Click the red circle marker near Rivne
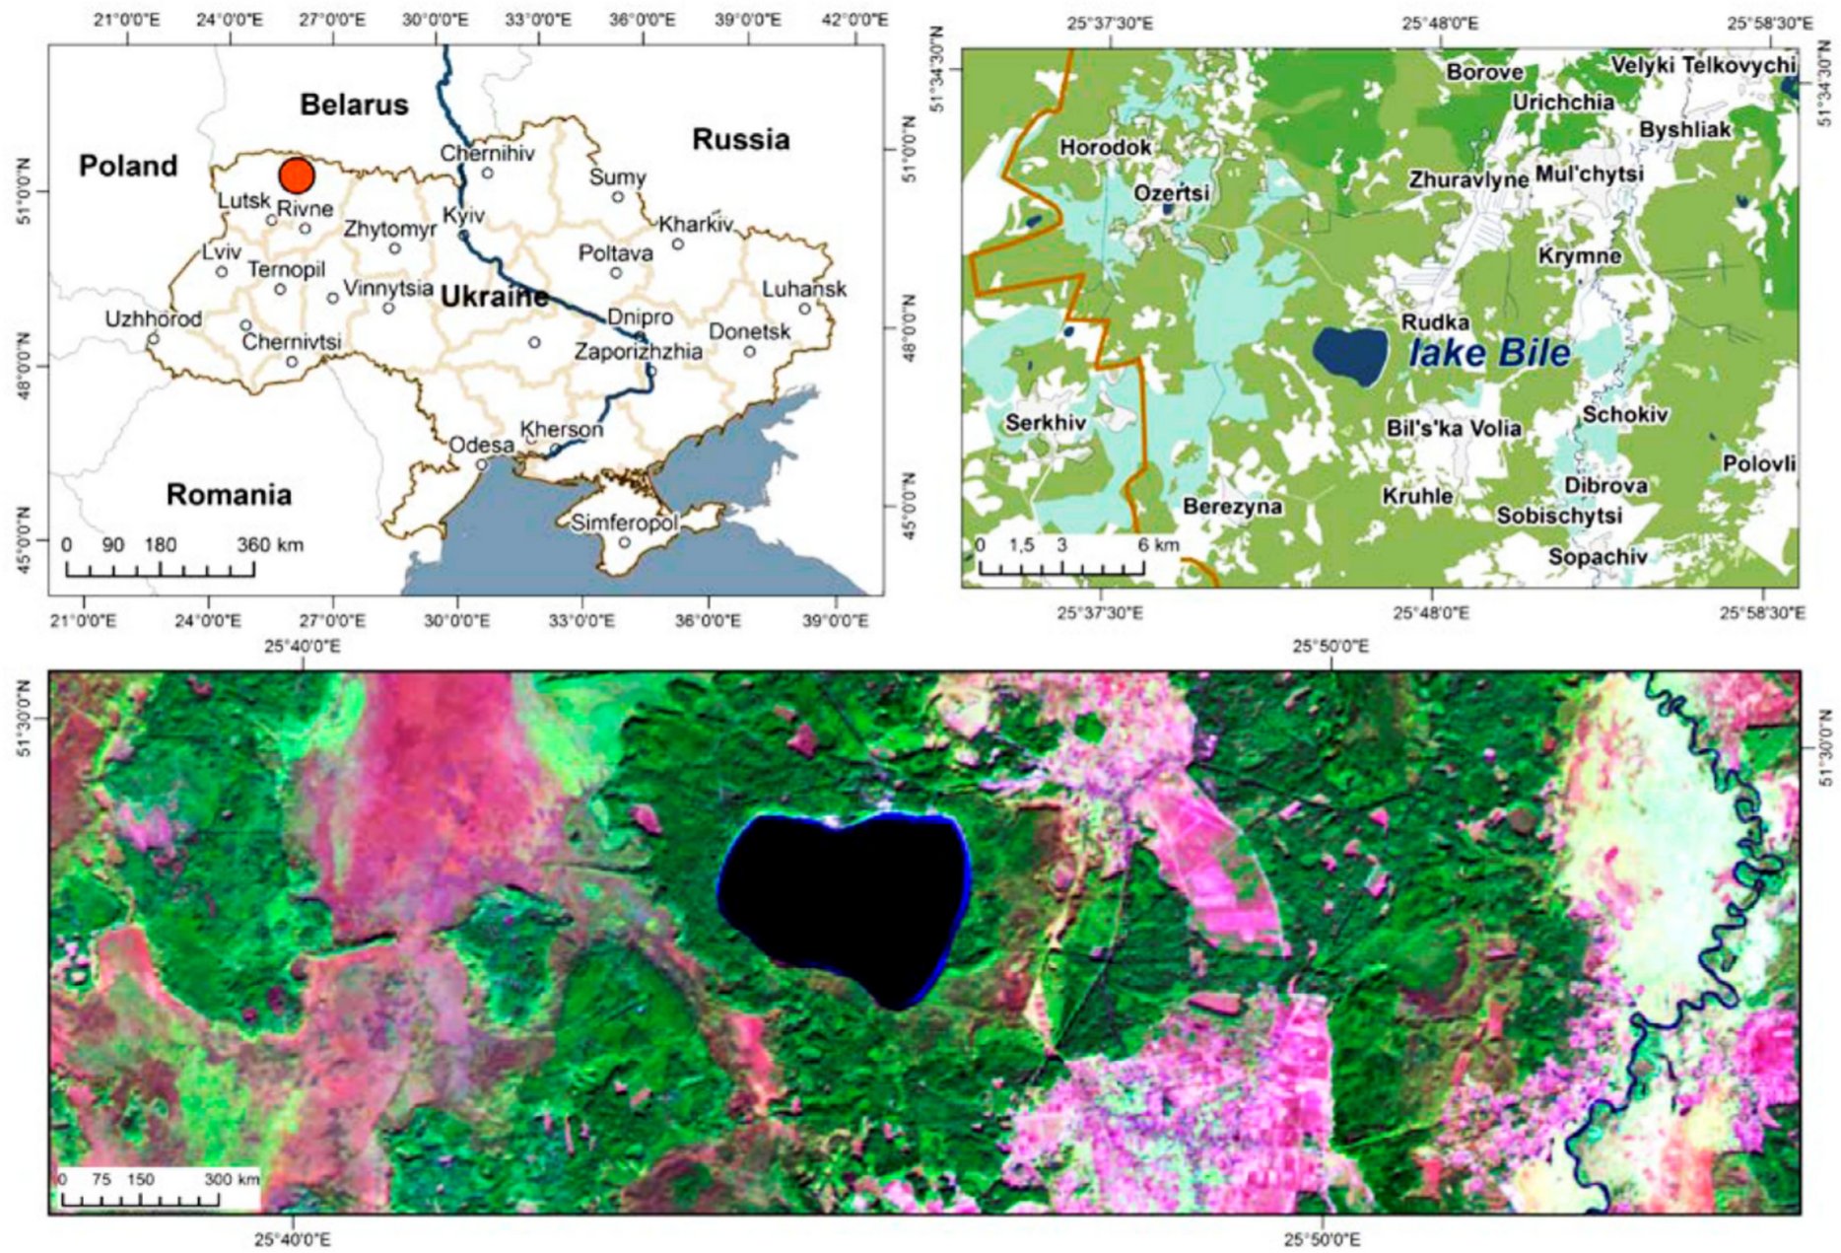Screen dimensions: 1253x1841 tap(296, 174)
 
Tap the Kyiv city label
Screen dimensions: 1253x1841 tap(463, 215)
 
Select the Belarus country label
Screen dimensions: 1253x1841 tap(354, 104)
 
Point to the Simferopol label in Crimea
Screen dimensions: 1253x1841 tap(624, 522)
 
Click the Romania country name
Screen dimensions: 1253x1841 tap(229, 494)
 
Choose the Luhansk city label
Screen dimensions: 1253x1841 tap(804, 289)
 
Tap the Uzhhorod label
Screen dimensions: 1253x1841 tap(154, 318)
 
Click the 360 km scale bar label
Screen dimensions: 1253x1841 tap(269, 545)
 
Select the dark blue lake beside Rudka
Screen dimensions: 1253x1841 tap(1349, 354)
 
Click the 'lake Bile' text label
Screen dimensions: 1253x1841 tap(1489, 353)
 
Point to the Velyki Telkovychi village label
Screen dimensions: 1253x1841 tap(1703, 65)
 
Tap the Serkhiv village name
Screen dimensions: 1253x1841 tap(1046, 423)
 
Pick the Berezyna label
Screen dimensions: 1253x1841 tap(1232, 507)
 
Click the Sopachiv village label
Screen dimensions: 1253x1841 tap(1597, 557)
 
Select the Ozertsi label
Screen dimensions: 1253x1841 tap(1171, 192)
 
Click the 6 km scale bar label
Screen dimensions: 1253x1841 tap(1158, 545)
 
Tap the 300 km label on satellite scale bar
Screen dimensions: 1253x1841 tap(232, 1179)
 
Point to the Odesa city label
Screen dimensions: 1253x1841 tap(482, 445)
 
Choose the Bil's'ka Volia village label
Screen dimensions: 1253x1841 tap(1453, 428)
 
